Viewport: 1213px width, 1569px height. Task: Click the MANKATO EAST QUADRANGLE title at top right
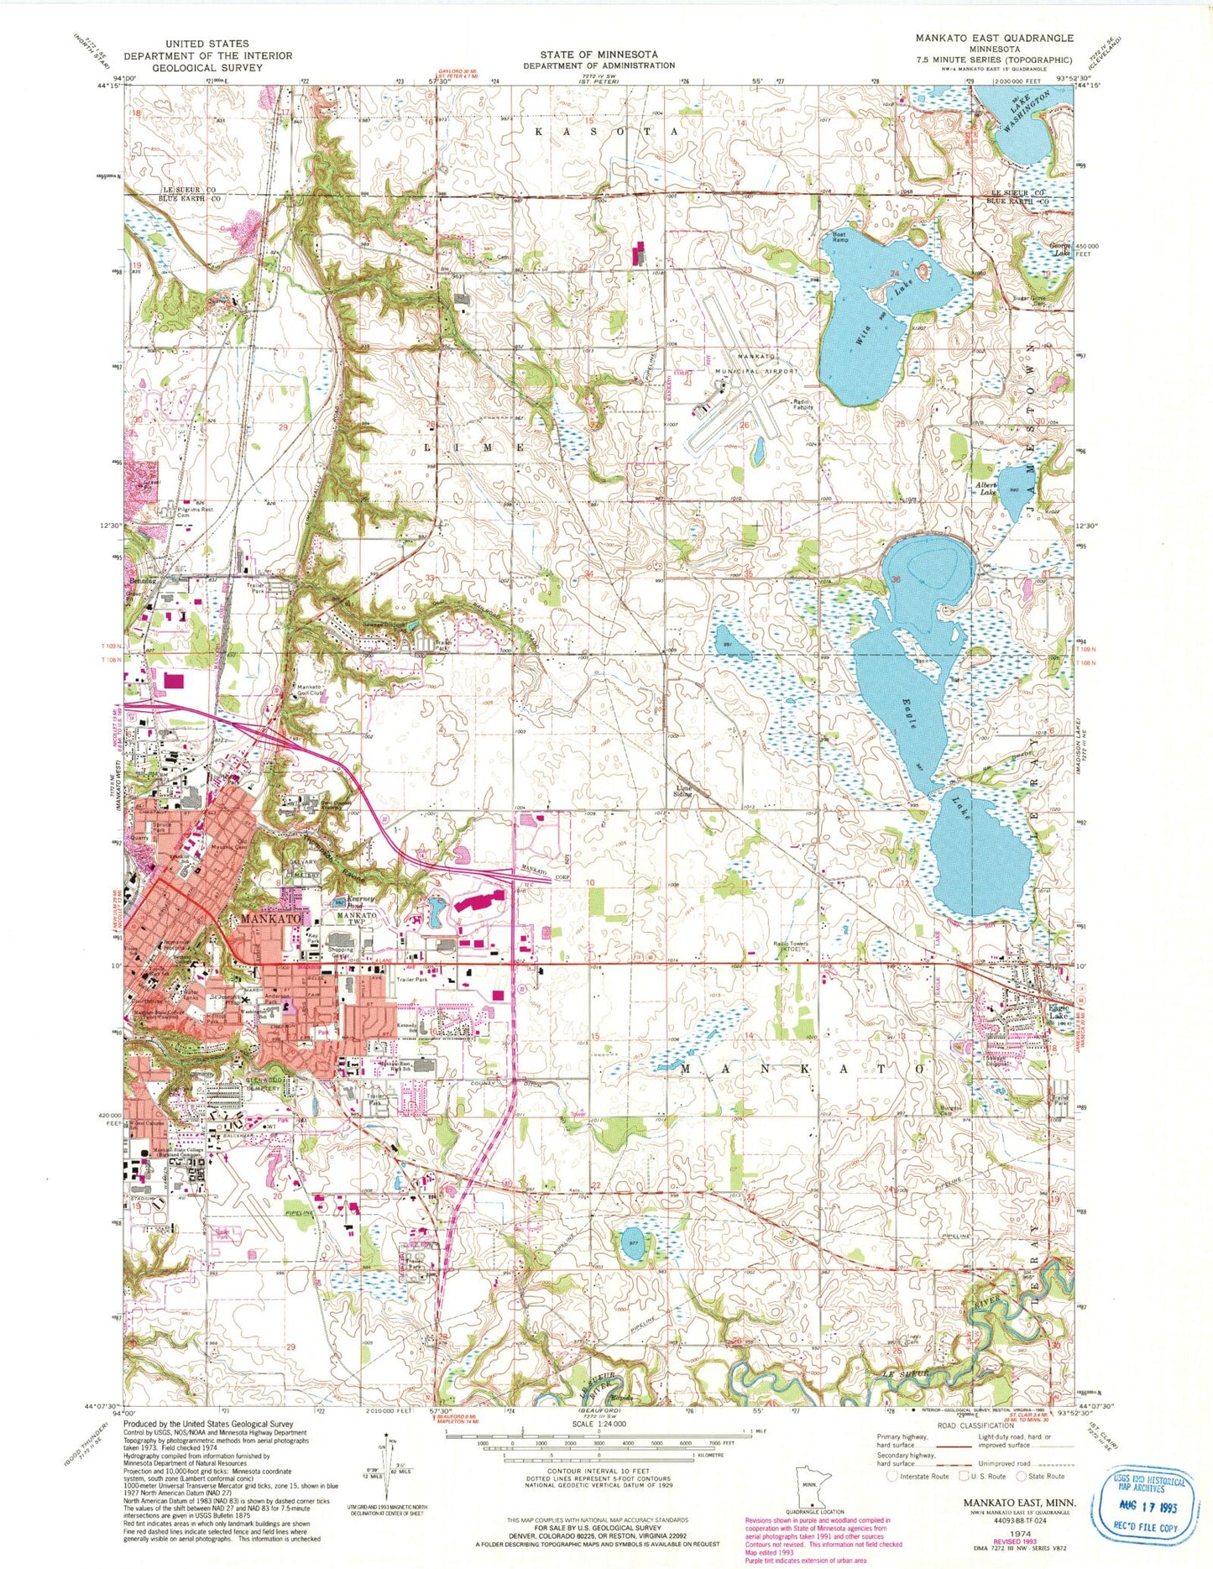(994, 38)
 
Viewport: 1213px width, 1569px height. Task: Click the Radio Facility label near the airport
(803, 404)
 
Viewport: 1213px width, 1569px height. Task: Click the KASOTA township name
(606, 132)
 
